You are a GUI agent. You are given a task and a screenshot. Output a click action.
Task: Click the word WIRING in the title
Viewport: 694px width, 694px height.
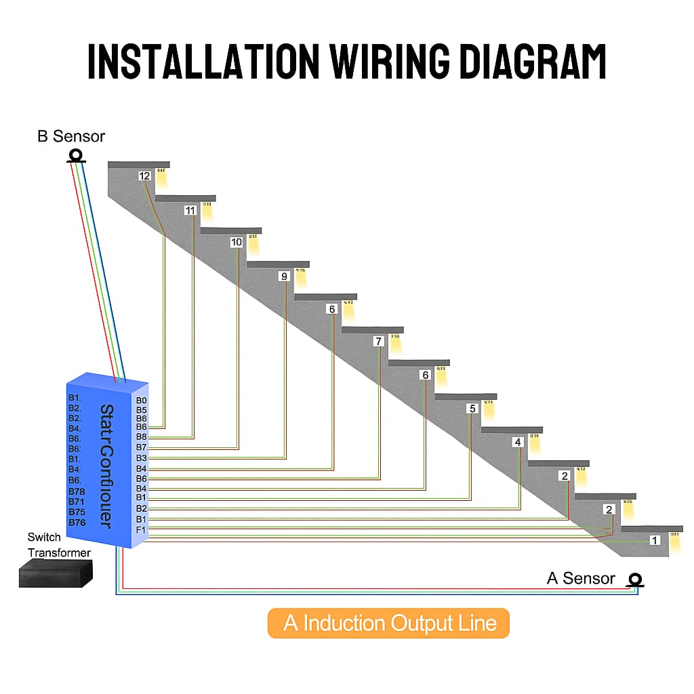pos(389,62)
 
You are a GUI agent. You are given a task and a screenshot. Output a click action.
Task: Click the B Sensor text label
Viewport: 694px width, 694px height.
pos(71,136)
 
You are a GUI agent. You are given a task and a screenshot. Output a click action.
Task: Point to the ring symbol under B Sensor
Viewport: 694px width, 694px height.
pos(75,156)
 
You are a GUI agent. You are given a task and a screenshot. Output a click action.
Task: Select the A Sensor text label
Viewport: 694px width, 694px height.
pos(581,578)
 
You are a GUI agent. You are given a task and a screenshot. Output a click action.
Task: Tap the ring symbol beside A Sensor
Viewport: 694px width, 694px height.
pos(635,579)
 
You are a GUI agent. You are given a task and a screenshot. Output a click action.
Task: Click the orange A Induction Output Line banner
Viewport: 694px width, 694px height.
pos(388,623)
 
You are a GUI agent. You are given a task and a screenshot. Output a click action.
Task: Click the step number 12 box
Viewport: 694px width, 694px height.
pos(144,176)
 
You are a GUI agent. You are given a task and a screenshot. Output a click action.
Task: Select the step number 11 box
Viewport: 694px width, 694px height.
pos(190,211)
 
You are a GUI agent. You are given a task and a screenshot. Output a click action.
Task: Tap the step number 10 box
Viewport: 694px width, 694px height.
pos(236,242)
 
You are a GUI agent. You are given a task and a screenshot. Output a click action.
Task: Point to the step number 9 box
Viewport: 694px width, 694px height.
pos(284,276)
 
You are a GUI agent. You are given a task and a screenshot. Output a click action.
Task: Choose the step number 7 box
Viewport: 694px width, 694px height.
pos(378,342)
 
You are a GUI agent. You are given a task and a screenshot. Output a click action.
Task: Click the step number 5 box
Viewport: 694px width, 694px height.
pos(472,409)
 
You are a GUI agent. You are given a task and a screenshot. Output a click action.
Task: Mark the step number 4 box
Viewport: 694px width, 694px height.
pos(518,442)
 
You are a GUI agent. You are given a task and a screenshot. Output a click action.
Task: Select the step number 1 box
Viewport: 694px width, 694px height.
pos(654,540)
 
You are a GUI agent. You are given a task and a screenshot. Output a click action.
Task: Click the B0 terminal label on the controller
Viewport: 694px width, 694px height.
pos(141,401)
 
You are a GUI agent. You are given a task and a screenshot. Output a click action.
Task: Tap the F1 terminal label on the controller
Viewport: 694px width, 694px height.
pos(141,529)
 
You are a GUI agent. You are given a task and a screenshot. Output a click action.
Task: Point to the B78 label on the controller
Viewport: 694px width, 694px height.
pos(77,491)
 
